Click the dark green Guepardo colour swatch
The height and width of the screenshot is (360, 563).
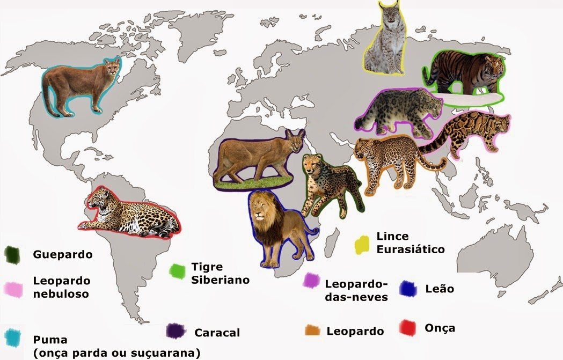[x=12, y=255]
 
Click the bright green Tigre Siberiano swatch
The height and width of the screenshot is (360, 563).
[x=177, y=271]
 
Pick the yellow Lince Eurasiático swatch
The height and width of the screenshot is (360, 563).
[x=363, y=244]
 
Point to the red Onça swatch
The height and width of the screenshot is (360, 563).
[x=410, y=327]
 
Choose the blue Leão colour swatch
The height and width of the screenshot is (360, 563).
[x=409, y=289]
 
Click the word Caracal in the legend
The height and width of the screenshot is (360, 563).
[x=217, y=333]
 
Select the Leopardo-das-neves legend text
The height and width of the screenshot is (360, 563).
[x=356, y=290]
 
